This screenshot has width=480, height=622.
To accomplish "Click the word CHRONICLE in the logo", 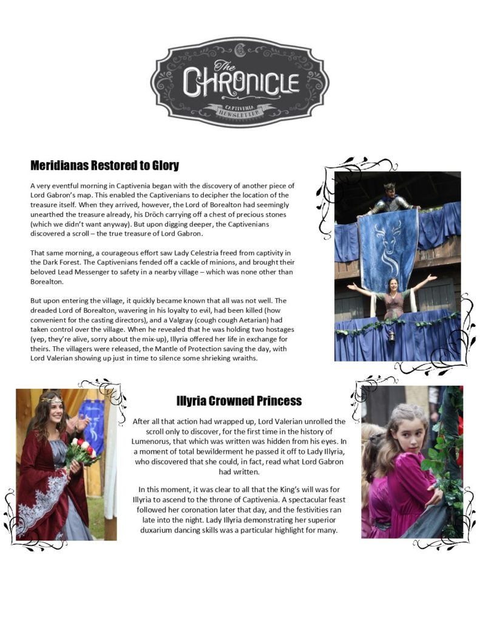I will (x=241, y=82).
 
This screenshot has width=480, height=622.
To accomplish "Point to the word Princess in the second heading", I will (x=277, y=401).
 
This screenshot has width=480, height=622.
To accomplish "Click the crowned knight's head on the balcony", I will (x=388, y=190).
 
